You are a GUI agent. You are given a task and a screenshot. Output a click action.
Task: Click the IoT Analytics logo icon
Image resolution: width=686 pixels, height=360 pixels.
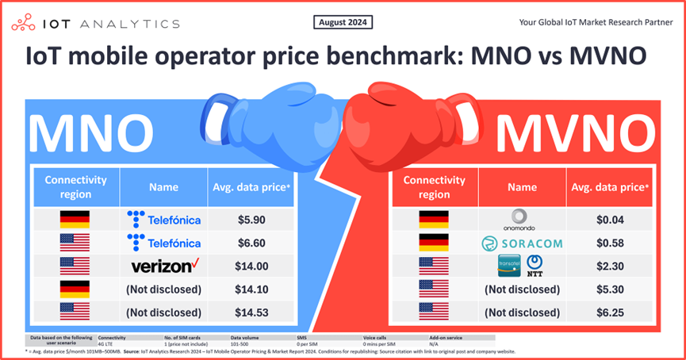(x=21, y=24)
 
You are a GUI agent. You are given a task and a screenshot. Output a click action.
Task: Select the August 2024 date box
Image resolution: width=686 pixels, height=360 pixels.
(x=343, y=22)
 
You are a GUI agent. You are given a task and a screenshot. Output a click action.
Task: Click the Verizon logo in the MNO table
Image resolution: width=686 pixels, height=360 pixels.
(x=164, y=266)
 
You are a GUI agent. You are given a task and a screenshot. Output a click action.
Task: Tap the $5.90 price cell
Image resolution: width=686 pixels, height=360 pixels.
(x=251, y=219)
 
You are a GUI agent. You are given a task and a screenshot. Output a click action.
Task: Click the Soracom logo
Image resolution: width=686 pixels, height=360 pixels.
(x=523, y=243)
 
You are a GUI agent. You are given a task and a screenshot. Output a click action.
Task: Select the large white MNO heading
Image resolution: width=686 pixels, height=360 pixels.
(x=92, y=135)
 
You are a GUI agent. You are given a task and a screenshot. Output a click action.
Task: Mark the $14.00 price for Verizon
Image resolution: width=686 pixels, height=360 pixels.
(x=251, y=266)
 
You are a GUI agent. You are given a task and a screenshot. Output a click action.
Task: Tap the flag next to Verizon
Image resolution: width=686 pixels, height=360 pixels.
(x=75, y=266)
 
